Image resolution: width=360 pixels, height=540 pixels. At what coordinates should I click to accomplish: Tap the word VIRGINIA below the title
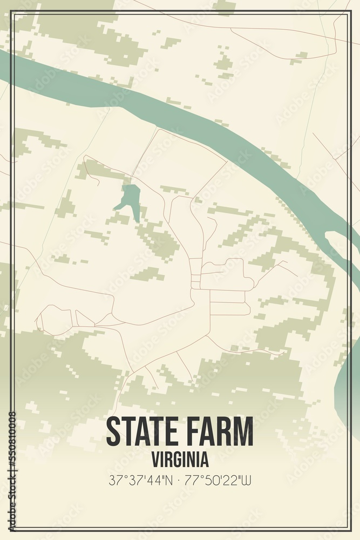click(x=180, y=460)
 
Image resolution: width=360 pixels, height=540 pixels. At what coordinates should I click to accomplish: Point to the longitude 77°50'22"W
click(x=219, y=479)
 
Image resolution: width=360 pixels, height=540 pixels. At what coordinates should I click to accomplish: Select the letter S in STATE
click(x=113, y=431)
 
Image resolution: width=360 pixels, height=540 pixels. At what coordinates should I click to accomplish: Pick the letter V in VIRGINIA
click(x=155, y=460)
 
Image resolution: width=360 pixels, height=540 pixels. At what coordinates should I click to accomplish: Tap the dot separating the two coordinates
click(x=180, y=479)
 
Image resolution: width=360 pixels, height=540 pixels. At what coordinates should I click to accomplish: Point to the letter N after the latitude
click(x=170, y=479)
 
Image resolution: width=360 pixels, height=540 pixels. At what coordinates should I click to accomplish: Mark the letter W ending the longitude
click(x=248, y=479)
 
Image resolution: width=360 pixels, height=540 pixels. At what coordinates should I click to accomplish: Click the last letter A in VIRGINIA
click(x=203, y=460)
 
